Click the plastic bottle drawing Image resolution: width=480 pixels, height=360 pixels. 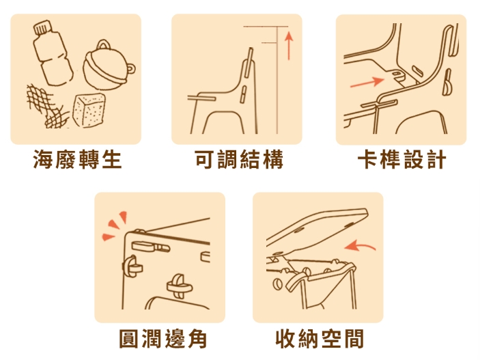(x=53, y=53)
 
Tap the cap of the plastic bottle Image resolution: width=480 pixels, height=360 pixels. (x=42, y=27)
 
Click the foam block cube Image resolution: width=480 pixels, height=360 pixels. (x=89, y=110)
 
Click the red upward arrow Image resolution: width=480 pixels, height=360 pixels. (x=289, y=45)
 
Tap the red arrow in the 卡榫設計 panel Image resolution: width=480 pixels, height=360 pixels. (x=367, y=82)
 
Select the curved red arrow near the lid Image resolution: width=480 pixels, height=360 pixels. (x=360, y=245)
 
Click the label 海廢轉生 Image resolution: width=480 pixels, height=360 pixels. (x=77, y=159)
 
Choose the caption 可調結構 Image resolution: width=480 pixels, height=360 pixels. (x=239, y=159)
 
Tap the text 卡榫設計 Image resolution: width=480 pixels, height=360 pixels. (x=401, y=159)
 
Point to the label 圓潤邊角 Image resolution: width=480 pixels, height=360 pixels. (x=163, y=339)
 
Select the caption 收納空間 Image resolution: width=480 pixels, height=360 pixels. (x=320, y=339)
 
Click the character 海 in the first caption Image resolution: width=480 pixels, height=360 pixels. (x=43, y=159)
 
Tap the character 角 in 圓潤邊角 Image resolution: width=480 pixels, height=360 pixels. (x=197, y=339)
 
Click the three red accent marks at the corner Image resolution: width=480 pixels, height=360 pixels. (x=114, y=226)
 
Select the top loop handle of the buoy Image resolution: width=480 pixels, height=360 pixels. (x=104, y=44)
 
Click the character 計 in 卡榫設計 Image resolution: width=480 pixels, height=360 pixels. (x=436, y=159)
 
